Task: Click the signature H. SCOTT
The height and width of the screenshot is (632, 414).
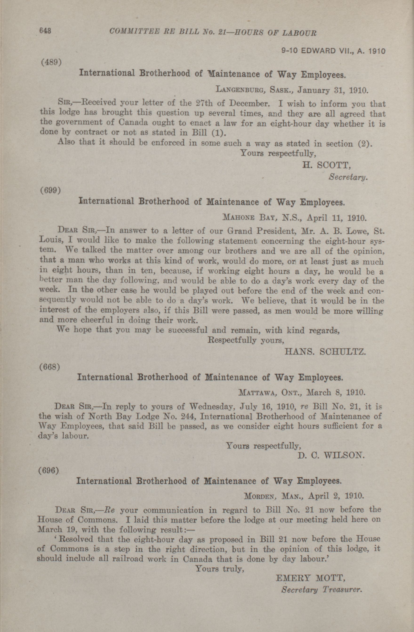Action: (327, 165)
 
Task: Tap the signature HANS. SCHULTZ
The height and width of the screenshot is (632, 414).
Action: (325, 352)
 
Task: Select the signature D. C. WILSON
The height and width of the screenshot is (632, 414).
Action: (331, 456)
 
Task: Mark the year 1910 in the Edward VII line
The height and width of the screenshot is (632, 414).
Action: (376, 51)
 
